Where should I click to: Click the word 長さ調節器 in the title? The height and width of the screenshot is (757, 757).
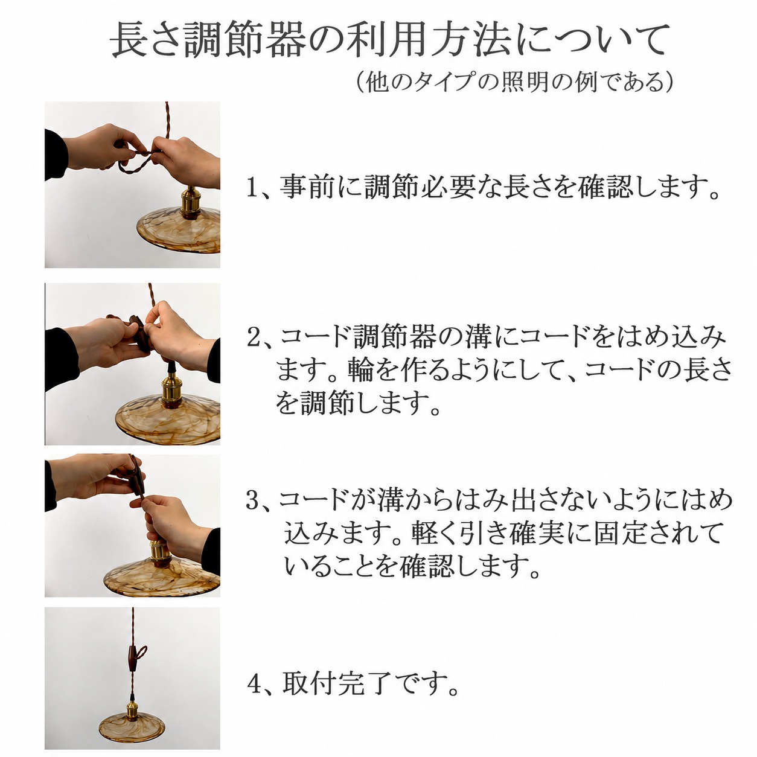[x=209, y=40]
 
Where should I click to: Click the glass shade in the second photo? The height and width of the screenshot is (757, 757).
[x=168, y=418]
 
